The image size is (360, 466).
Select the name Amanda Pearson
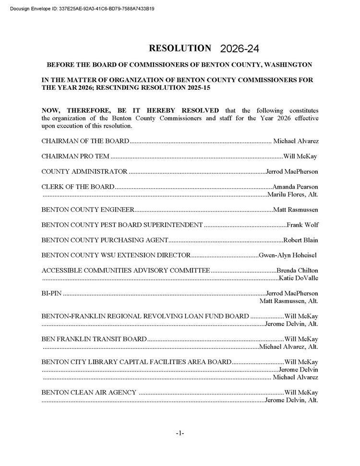(295, 187)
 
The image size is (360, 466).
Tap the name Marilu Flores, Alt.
(292, 194)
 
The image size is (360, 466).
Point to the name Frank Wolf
(302, 225)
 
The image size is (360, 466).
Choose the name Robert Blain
(300, 240)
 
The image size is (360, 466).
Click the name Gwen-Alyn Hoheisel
(288, 255)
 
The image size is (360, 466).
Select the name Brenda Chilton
(298, 271)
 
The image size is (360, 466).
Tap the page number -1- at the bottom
(180, 433)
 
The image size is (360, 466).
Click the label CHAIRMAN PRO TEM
(75, 156)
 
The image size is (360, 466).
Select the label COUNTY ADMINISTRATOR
(84, 171)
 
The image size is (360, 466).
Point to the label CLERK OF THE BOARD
(78, 187)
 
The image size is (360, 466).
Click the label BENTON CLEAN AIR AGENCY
(89, 393)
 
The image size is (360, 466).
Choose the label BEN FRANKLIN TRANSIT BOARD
(94, 339)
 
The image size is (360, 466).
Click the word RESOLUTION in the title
(180, 48)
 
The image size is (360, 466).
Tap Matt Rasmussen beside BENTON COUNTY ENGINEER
(296, 210)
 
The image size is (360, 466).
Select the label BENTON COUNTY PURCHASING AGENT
(105, 240)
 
